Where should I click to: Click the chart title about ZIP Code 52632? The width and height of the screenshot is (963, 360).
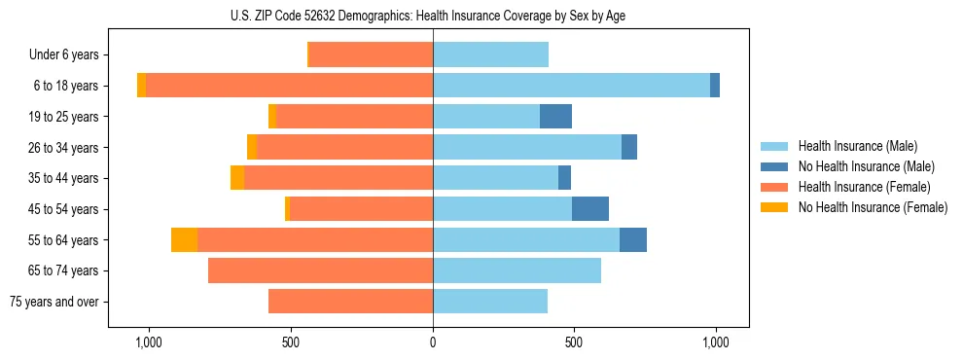pos(433,14)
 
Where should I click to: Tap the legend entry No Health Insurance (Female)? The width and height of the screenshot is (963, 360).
pos(873,207)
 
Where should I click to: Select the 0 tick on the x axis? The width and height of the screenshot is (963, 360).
pos(433,343)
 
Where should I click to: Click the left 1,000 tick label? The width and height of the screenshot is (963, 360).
pos(149,343)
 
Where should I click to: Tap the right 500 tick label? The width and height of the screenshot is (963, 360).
pos(574,343)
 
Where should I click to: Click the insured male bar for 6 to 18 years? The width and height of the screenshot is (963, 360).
pos(571,86)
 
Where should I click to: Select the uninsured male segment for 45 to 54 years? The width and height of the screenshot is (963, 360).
pos(590,209)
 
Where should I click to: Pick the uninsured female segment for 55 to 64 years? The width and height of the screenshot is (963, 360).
pos(185,240)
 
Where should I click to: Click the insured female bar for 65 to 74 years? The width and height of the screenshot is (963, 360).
pos(320,270)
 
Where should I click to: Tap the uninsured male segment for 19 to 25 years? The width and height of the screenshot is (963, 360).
pos(555,117)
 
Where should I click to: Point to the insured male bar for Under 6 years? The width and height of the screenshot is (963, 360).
pos(490,55)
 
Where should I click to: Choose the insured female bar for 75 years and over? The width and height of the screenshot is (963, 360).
pos(350,302)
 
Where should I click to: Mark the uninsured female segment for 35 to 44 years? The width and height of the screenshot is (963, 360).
pos(237,178)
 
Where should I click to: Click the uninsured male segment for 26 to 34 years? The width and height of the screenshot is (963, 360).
pos(629,148)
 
